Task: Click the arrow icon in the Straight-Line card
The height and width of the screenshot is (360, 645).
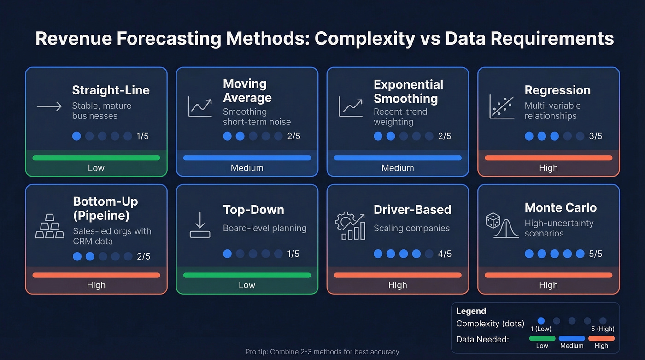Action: point(49,106)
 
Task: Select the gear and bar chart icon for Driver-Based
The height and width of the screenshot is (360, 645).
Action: point(350,225)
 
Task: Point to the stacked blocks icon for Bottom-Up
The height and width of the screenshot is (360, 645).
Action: point(50,227)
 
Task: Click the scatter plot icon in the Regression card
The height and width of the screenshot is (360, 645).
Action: point(502,106)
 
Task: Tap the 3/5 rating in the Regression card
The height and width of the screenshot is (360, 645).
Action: point(595,136)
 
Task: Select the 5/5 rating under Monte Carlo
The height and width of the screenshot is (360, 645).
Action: point(595,254)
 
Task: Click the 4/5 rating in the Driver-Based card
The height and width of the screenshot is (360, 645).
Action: point(445,254)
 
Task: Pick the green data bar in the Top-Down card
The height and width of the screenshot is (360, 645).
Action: point(247,275)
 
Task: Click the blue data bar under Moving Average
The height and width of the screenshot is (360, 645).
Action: point(247,158)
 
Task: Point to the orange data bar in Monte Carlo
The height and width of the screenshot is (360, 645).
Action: point(548,275)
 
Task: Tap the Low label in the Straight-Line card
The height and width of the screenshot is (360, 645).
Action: point(96,168)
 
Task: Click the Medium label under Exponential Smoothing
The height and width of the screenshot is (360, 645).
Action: point(398,168)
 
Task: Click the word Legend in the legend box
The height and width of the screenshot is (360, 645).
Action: point(471,311)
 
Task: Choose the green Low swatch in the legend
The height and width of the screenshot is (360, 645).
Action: point(542,338)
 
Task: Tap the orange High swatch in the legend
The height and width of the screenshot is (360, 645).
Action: point(601,338)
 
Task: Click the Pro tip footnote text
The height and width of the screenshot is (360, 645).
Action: point(322,352)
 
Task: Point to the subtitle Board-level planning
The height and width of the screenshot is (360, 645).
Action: point(264,228)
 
